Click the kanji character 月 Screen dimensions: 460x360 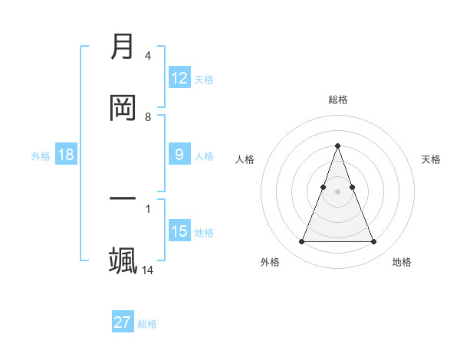click(123, 47)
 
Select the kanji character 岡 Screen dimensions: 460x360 click(123, 108)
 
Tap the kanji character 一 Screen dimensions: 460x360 click(123, 199)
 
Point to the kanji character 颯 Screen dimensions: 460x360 click(123, 260)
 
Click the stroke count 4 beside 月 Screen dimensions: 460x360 click(147, 56)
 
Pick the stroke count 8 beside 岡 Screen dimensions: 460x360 click(147, 117)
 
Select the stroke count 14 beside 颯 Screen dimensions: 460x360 click(148, 270)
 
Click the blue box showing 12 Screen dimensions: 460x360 click(179, 78)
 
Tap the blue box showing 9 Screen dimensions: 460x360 click(179, 155)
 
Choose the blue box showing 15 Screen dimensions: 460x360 click(179, 231)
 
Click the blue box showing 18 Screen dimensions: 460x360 click(66, 155)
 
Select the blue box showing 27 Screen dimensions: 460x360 click(123, 322)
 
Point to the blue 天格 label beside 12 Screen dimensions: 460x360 click(204, 79)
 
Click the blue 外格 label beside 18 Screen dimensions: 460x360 click(41, 155)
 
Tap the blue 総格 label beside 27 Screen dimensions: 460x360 click(147, 323)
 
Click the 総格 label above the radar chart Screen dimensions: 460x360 click(337, 100)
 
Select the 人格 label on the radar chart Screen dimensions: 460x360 click(245, 159)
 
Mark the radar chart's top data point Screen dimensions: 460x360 click(337, 146)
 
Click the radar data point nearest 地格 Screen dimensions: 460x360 click(373, 242)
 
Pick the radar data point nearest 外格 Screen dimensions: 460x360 click(301, 242)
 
